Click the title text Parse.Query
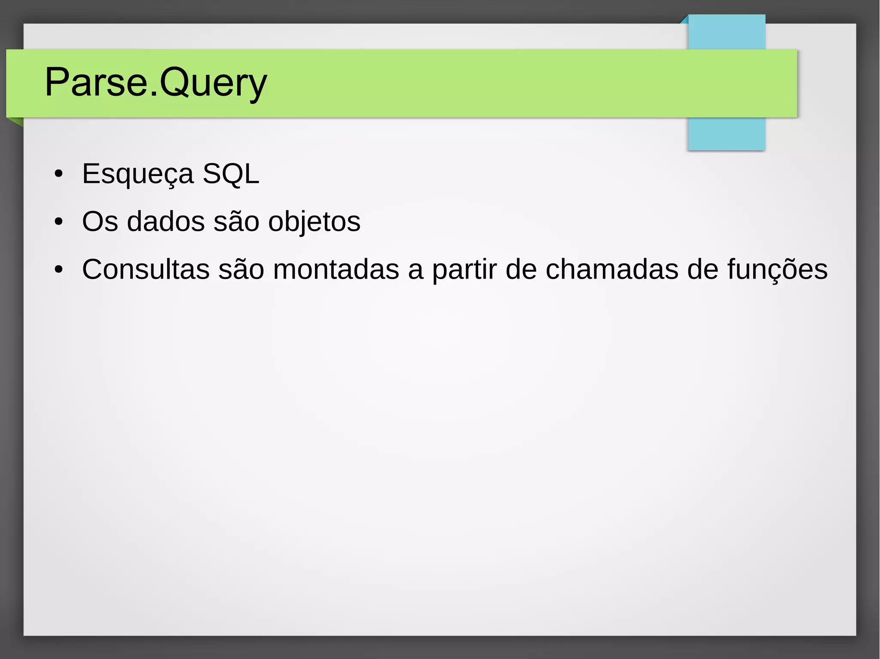pos(156,82)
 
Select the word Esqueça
pos(137,174)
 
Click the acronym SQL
pos(231,174)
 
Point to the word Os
pos(100,222)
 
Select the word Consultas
pos(146,270)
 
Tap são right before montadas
pos(241,270)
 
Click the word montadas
pos(336,270)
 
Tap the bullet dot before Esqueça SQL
pos(59,174)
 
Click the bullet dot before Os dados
pos(59,222)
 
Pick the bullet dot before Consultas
pos(59,270)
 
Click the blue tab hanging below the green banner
pos(726,134)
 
